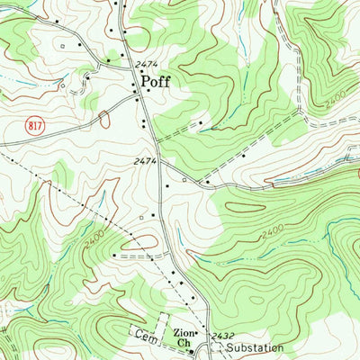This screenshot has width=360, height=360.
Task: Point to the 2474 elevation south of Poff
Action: point(144,161)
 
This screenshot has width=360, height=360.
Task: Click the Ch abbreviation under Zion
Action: point(183,343)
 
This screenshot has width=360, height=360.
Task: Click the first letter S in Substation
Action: point(230,347)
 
